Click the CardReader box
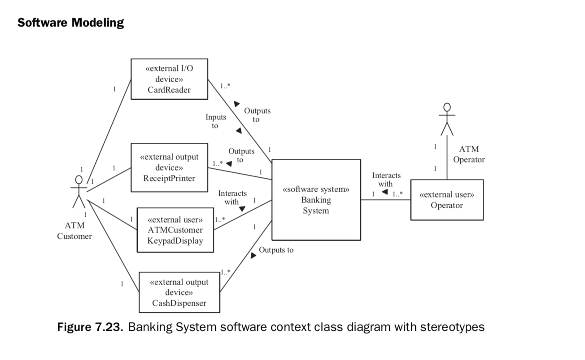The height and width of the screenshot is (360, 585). point(169,79)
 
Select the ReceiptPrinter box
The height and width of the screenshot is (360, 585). point(169,167)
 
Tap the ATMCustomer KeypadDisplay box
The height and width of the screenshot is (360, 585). point(175,230)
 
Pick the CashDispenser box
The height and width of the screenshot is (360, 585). point(179,292)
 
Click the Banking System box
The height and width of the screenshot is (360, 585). point(316,200)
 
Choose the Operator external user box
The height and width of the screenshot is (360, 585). point(446,200)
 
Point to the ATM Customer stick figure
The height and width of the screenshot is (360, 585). point(79,192)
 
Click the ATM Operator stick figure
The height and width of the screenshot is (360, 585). point(447,119)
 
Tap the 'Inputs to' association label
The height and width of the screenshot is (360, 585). point(216,121)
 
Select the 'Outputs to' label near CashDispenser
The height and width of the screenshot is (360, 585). point(276,250)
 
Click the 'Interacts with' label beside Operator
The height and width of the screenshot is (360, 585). point(386,180)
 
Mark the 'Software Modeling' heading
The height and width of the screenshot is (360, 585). point(70,22)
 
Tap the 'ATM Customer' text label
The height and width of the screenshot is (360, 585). point(74,231)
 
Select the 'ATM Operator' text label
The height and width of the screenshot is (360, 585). point(469,154)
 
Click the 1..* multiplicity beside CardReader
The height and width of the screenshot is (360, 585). point(225,85)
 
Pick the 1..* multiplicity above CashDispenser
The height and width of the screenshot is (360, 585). point(225,272)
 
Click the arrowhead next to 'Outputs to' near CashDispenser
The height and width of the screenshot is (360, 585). point(253,255)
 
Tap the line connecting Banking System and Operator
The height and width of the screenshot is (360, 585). point(386,200)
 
